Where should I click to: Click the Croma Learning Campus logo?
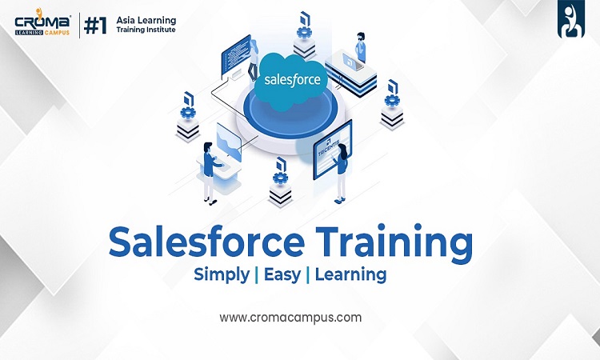[x=42, y=22]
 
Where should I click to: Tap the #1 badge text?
[x=95, y=26]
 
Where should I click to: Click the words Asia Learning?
[x=146, y=20]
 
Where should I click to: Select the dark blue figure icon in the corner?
[x=570, y=19]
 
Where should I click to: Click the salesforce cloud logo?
[x=292, y=80]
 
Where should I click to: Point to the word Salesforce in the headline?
[x=206, y=242]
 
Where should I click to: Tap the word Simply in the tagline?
[x=222, y=274]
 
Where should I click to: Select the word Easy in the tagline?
[x=282, y=274]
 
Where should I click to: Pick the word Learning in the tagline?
[x=350, y=274]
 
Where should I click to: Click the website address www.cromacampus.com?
[x=290, y=318]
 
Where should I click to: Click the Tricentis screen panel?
[x=331, y=150]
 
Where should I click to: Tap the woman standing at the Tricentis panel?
[x=341, y=173]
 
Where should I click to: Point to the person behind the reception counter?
[x=361, y=47]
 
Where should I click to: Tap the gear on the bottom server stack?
[x=281, y=178]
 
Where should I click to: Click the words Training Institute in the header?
[x=146, y=30]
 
